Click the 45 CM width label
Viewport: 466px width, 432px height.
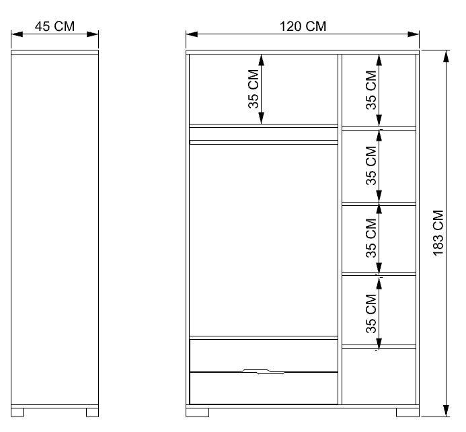(54, 27)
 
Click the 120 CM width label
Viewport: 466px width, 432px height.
(303, 27)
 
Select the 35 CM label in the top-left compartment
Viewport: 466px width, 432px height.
(254, 89)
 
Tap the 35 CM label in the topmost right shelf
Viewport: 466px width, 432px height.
(371, 89)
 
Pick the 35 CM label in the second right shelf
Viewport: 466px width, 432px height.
(371, 166)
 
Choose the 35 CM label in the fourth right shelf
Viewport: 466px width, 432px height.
(371, 312)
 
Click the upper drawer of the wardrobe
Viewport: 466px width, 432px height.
(263, 354)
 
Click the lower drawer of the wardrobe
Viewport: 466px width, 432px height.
(263, 388)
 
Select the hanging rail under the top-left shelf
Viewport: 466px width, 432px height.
(263, 142)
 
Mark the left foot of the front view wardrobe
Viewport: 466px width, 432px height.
(199, 411)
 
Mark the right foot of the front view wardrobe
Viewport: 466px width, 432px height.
(407, 411)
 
